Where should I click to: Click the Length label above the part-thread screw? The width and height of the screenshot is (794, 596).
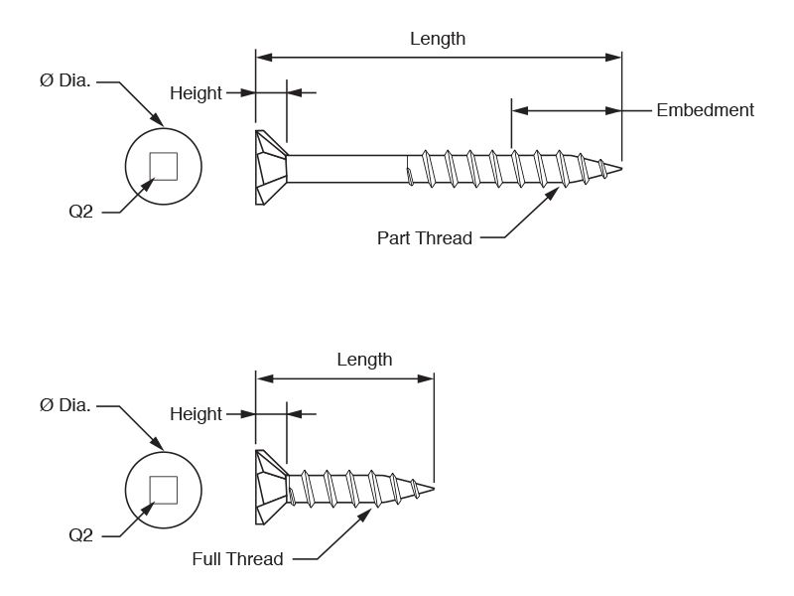pos(438,39)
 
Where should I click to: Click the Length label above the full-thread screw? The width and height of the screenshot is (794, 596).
pos(364,360)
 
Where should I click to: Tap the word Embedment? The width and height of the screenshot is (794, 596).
pos(705,110)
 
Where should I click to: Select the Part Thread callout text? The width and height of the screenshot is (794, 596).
pos(425,238)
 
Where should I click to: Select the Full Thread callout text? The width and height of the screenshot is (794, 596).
pos(237,559)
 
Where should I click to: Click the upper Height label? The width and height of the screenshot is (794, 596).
pos(196,93)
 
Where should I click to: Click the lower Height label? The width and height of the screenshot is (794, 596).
pos(196,414)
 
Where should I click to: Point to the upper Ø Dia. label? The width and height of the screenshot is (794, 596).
pos(66,80)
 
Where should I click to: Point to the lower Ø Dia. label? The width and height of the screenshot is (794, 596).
pos(66,405)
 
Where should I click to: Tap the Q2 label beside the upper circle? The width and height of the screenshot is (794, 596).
pos(81,212)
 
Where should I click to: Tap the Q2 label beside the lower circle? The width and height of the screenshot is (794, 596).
pos(81,535)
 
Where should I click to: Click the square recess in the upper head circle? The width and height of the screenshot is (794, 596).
pos(164,166)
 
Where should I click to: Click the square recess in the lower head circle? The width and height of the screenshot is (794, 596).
pos(164,490)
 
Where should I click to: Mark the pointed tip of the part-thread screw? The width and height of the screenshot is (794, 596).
pos(621,169)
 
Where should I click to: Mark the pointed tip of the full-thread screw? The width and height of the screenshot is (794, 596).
pos(434,489)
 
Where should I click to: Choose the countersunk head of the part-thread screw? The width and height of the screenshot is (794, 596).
pos(271,168)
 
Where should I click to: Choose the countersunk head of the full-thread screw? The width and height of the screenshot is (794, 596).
pos(271,488)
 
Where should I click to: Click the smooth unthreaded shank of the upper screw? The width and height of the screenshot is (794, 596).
pos(347,169)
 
